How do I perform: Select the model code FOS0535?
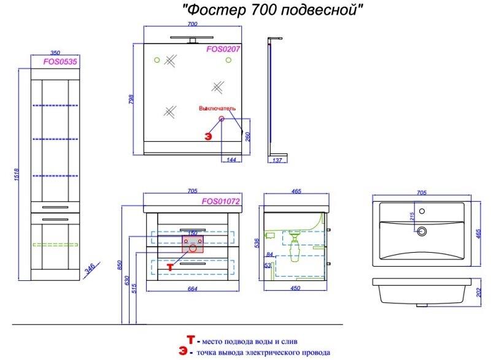(x=55, y=61)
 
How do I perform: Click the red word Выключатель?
(x=217, y=109)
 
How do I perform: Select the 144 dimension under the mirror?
(x=231, y=159)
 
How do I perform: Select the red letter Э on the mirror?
(x=208, y=136)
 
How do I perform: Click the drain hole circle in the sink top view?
(x=420, y=231)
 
